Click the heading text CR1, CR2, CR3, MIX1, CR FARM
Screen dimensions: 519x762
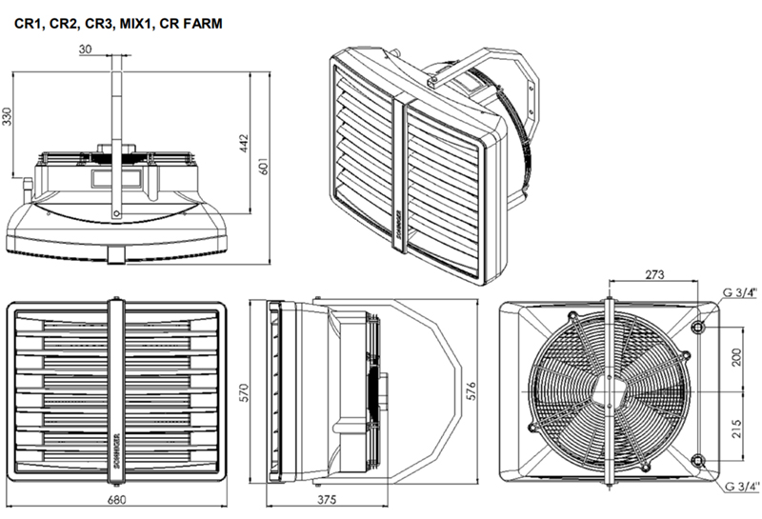tap(119, 20)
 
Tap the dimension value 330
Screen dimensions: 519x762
tap(9, 117)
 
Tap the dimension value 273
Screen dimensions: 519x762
tap(654, 275)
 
